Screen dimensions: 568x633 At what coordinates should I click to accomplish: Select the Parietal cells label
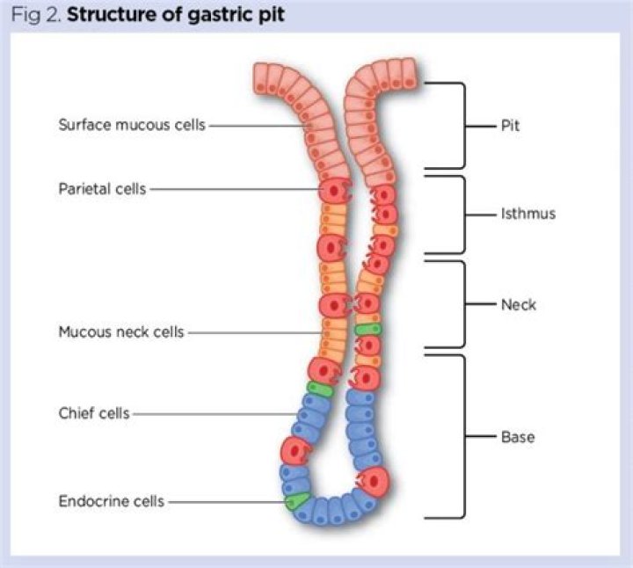tap(102, 188)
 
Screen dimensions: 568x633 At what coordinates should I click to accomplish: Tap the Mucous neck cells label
tap(121, 332)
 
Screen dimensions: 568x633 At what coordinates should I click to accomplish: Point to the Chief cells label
tap(94, 413)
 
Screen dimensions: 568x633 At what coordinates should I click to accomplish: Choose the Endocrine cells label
tap(112, 501)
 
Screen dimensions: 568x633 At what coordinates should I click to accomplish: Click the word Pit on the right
tap(510, 125)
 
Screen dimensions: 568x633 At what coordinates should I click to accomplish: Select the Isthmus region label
tap(528, 214)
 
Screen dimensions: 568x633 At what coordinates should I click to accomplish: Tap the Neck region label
tap(518, 305)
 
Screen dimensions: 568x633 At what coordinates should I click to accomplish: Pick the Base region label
tap(518, 436)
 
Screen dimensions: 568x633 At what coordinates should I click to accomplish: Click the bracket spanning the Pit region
tap(462, 125)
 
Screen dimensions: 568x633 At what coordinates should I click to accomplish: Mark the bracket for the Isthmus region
tap(462, 214)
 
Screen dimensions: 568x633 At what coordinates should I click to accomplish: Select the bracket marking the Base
tap(462, 436)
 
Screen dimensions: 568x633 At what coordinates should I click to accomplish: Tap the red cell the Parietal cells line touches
tap(334, 189)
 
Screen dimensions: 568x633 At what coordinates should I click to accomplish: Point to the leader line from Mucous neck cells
tap(255, 332)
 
